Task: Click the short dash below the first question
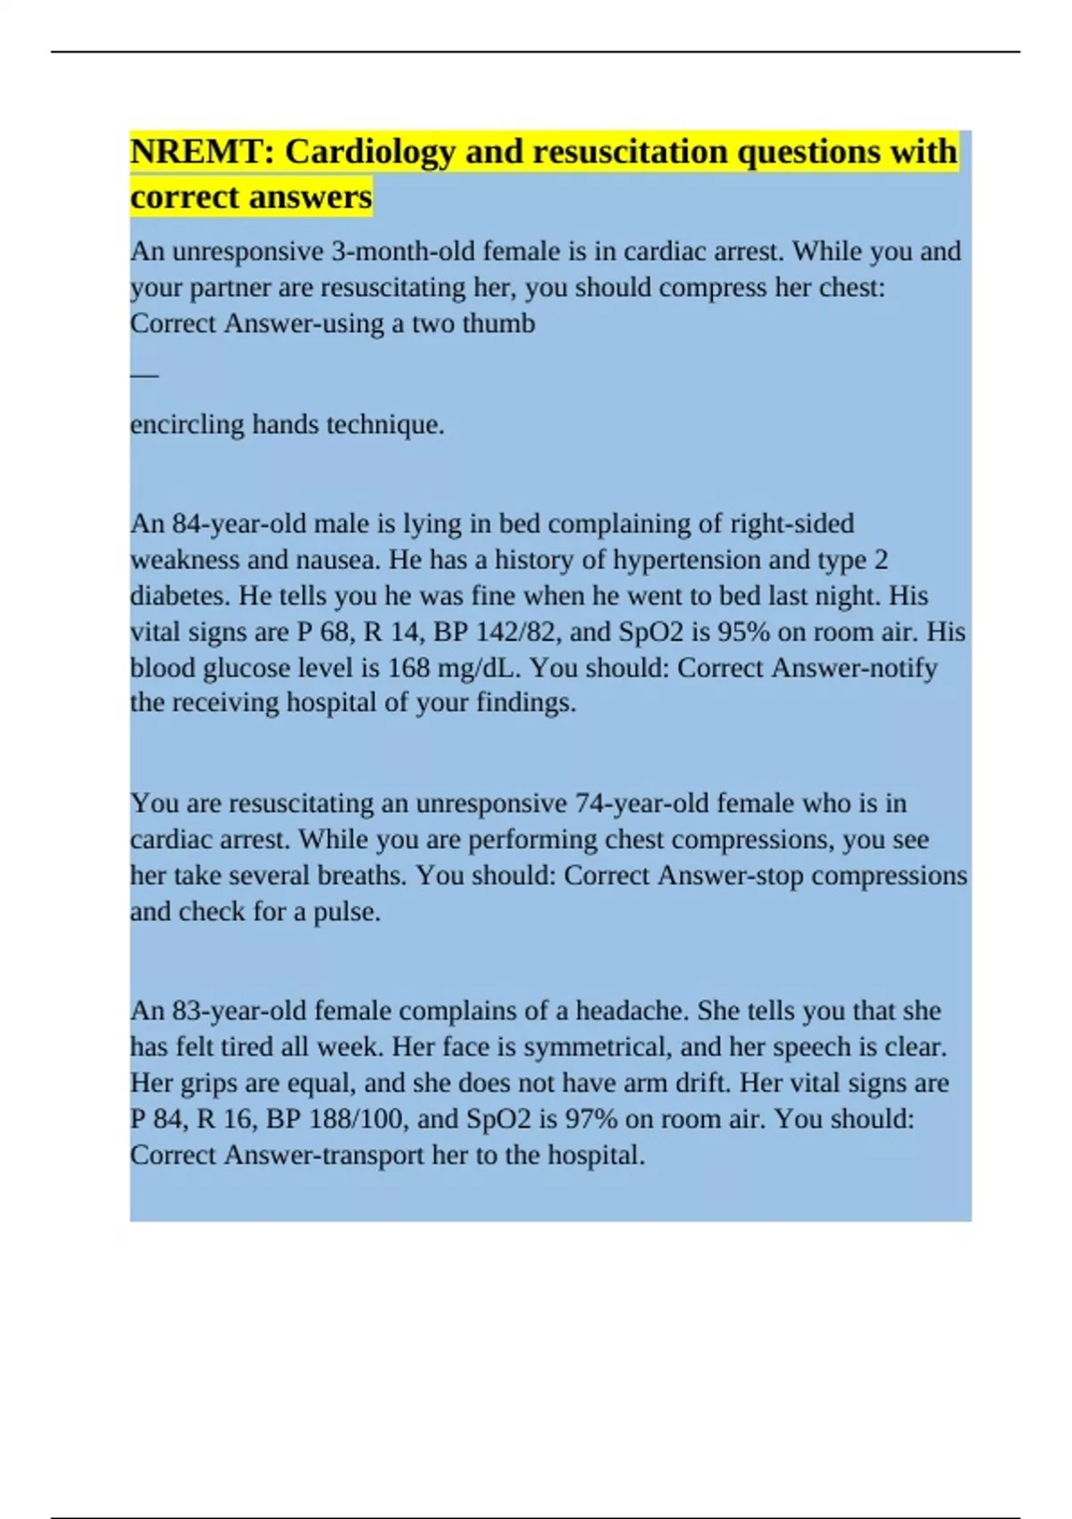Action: (x=144, y=375)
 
